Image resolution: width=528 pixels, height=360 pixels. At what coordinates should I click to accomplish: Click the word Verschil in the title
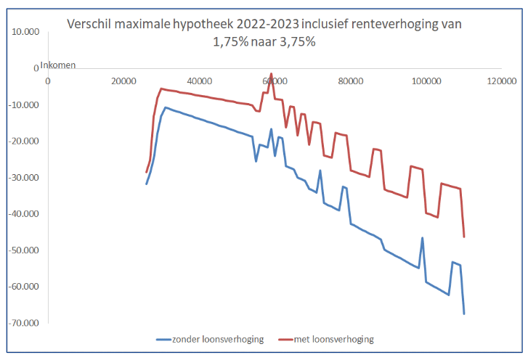click(89, 24)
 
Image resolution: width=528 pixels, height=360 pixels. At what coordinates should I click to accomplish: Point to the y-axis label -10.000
click(25, 105)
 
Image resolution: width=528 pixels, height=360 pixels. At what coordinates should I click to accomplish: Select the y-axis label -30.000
click(25, 178)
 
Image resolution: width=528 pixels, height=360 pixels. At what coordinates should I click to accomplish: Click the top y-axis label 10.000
click(26, 33)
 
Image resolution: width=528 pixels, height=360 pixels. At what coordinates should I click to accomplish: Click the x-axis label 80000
click(350, 80)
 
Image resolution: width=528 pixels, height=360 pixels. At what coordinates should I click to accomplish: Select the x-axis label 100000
click(426, 80)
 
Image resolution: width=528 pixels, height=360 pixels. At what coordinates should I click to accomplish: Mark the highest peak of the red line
click(272, 74)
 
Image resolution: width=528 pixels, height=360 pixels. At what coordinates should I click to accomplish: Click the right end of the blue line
click(464, 314)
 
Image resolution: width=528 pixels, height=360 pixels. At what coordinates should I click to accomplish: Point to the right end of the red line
click(464, 237)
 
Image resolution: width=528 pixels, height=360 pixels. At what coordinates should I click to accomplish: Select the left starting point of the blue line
click(147, 184)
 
